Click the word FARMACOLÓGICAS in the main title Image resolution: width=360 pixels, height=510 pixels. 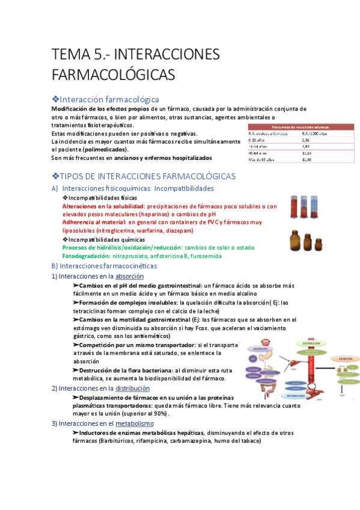point(113,75)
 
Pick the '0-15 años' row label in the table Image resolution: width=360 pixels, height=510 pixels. point(257,139)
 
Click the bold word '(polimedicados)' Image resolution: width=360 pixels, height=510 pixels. point(105,149)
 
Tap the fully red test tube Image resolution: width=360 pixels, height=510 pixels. point(294,208)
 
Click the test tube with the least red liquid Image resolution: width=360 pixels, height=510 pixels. point(314,208)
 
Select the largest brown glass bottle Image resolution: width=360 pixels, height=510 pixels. point(294,241)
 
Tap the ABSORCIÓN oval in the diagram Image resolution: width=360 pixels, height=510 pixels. point(259,348)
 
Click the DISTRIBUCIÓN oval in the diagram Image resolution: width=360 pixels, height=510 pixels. point(311,343)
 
